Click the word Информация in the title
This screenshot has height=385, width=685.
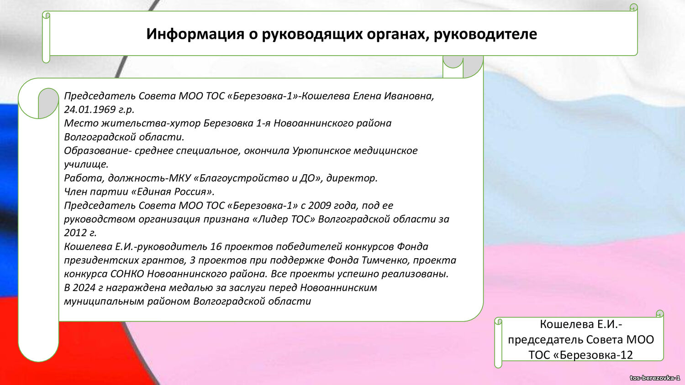coord(195,34)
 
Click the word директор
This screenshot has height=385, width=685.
coord(352,178)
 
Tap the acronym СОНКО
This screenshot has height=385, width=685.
coord(127,274)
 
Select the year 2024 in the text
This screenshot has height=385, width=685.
coord(84,287)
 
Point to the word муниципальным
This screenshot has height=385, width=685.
coord(104,302)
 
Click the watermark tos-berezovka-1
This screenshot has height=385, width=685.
coord(655,378)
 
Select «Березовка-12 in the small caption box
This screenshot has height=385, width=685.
coord(593,355)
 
